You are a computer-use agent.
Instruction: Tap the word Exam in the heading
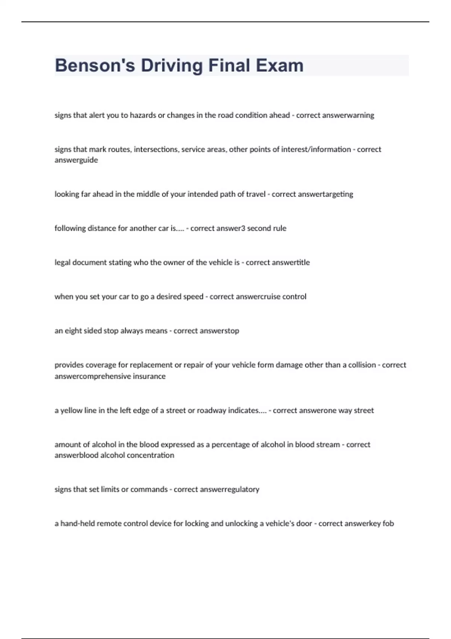pyautogui.click(x=280, y=65)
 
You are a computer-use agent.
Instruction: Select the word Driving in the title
pyautogui.click(x=172, y=65)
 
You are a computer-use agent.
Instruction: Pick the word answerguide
pyautogui.click(x=76, y=160)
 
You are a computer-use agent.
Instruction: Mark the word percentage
pyautogui.click(x=230, y=445)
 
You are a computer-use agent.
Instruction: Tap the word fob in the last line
pyautogui.click(x=388, y=524)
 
